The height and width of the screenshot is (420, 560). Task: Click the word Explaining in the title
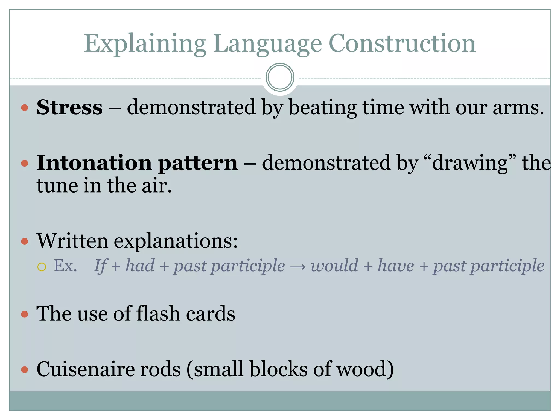point(145,44)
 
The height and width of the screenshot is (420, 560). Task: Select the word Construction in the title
point(402,44)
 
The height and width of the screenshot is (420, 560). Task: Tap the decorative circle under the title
point(280,77)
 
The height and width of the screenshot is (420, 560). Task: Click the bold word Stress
point(69,107)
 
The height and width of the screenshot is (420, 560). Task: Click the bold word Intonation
point(94,163)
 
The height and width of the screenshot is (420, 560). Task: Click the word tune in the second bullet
point(57,186)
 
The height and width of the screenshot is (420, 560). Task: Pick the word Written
point(72,241)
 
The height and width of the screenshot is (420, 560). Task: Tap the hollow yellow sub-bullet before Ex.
point(42,267)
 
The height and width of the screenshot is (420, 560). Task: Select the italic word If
point(100,266)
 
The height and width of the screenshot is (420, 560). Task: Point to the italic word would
point(334,266)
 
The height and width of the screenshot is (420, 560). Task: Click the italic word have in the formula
point(396,266)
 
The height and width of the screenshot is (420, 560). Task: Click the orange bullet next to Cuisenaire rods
point(25,370)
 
